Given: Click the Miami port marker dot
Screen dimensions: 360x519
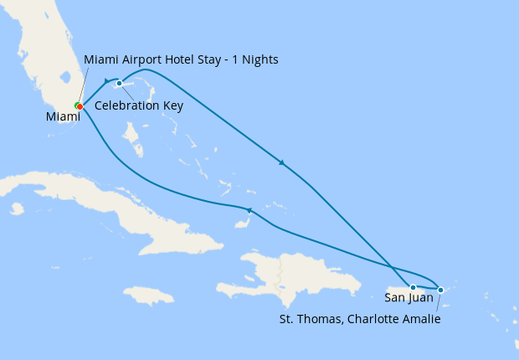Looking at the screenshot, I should tap(79, 106).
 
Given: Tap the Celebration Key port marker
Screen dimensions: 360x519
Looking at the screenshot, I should tap(120, 84).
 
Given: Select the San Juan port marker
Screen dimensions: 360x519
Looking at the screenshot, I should tap(413, 288).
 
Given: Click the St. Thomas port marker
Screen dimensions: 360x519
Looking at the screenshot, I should tap(441, 290).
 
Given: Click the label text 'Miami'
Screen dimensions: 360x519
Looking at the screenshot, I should tap(63, 117).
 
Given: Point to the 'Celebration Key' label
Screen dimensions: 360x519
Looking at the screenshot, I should tap(139, 105).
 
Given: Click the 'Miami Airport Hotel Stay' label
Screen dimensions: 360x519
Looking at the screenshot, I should tap(181, 60).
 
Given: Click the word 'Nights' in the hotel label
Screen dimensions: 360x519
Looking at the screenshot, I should tap(260, 60).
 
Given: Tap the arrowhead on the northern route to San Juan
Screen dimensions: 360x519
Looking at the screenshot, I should tap(282, 162).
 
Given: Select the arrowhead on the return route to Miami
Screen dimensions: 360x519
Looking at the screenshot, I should tap(248, 209).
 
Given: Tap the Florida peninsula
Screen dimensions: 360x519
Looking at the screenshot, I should tap(50, 50).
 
